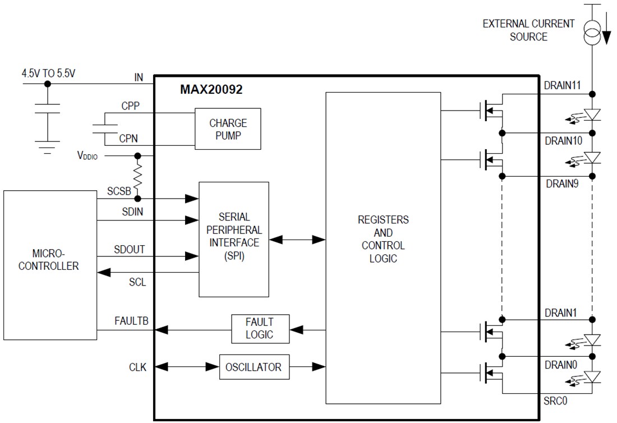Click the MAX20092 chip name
[211, 89]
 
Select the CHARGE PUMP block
[228, 128]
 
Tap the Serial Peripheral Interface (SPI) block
[234, 240]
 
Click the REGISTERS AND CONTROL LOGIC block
[383, 239]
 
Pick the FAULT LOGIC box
[260, 329]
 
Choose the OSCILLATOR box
[254, 367]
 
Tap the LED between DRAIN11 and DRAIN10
[592, 114]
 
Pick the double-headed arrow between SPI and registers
[297, 240]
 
